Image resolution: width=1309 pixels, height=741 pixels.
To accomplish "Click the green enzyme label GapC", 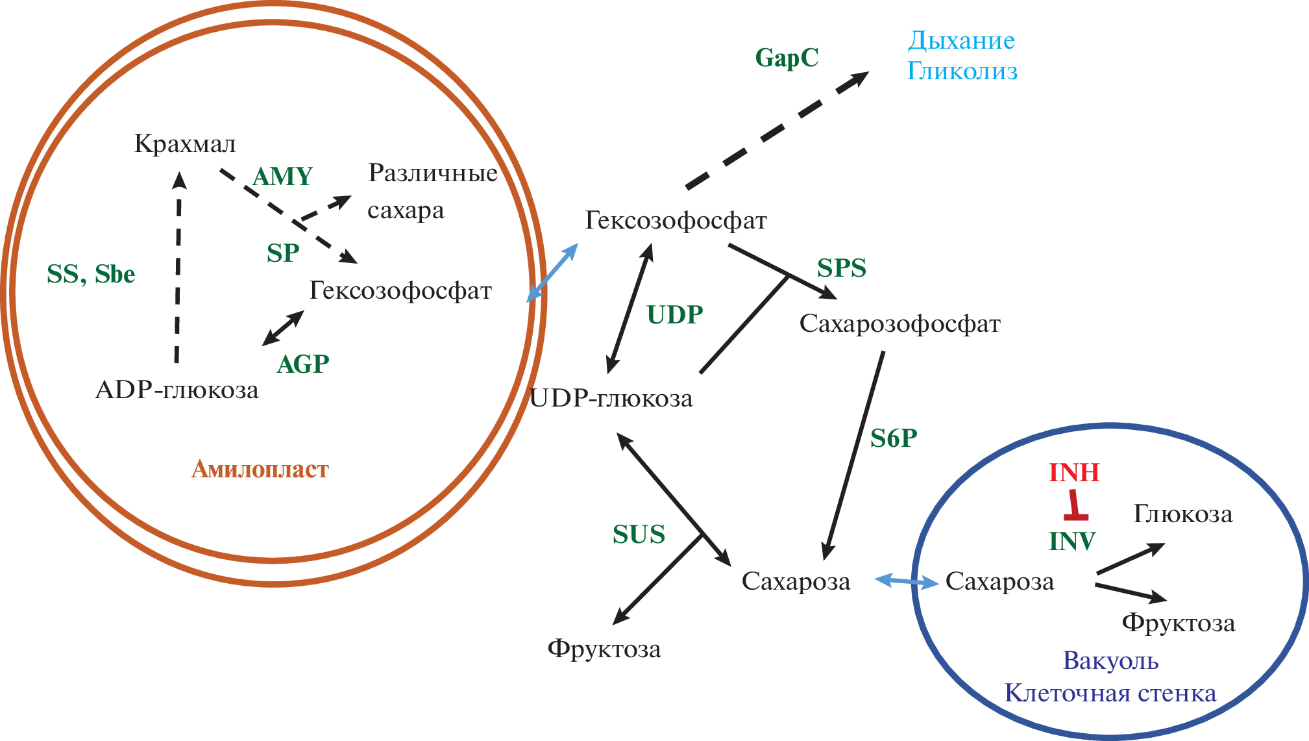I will (787, 58).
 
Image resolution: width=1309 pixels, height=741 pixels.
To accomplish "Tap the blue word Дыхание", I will (961, 41).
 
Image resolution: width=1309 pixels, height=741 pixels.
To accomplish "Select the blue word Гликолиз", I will (962, 71).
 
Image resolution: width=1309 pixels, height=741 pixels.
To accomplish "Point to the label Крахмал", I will (185, 144).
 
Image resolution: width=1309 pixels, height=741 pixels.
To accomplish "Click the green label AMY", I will (282, 177).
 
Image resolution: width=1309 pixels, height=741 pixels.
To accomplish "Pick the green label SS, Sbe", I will (91, 274).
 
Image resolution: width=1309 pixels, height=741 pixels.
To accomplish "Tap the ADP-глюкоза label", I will (177, 390).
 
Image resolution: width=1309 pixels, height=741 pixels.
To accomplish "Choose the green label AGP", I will (303, 364).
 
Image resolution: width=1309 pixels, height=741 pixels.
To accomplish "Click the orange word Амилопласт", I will (260, 469).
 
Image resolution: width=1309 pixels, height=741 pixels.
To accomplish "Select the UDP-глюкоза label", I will (611, 398).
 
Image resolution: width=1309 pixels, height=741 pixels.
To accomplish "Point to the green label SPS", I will (841, 268).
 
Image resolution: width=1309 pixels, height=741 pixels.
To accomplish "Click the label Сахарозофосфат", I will (899, 323).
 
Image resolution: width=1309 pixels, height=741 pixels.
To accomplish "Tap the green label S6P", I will (894, 439).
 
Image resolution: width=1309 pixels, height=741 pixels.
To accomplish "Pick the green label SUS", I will (639, 534).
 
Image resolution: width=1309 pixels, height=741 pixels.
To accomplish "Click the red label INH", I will (1074, 473).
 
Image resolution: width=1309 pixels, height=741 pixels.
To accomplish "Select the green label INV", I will (1072, 541).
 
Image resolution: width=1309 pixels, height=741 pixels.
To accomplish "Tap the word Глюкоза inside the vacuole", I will (1182, 514).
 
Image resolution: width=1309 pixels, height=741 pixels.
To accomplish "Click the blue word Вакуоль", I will (1110, 660).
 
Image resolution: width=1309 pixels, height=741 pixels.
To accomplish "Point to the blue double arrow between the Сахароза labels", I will (907, 581).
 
